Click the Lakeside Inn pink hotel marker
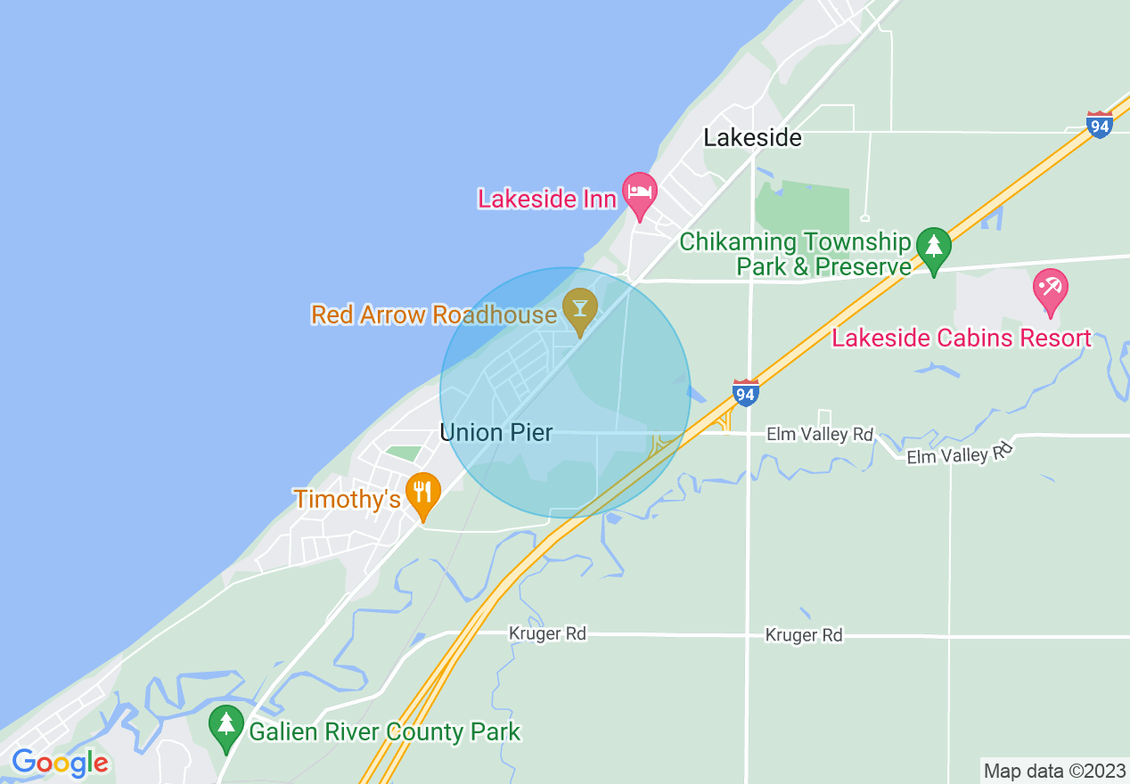639,193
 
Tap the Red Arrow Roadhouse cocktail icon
580,309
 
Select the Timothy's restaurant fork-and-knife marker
423,494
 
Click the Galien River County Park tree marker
226,726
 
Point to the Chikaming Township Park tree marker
933,248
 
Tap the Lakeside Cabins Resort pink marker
1051,290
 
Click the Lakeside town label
752,137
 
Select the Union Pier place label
496,433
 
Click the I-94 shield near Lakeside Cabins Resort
1100,125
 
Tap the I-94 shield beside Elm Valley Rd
745,392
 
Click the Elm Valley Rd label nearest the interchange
820,435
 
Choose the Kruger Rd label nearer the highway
547,633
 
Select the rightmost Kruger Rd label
803,635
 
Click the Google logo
60,763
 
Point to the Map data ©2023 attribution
1054,771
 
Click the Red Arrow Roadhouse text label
433,314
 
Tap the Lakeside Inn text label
547,198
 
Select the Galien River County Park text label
384,732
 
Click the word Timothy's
348,499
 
